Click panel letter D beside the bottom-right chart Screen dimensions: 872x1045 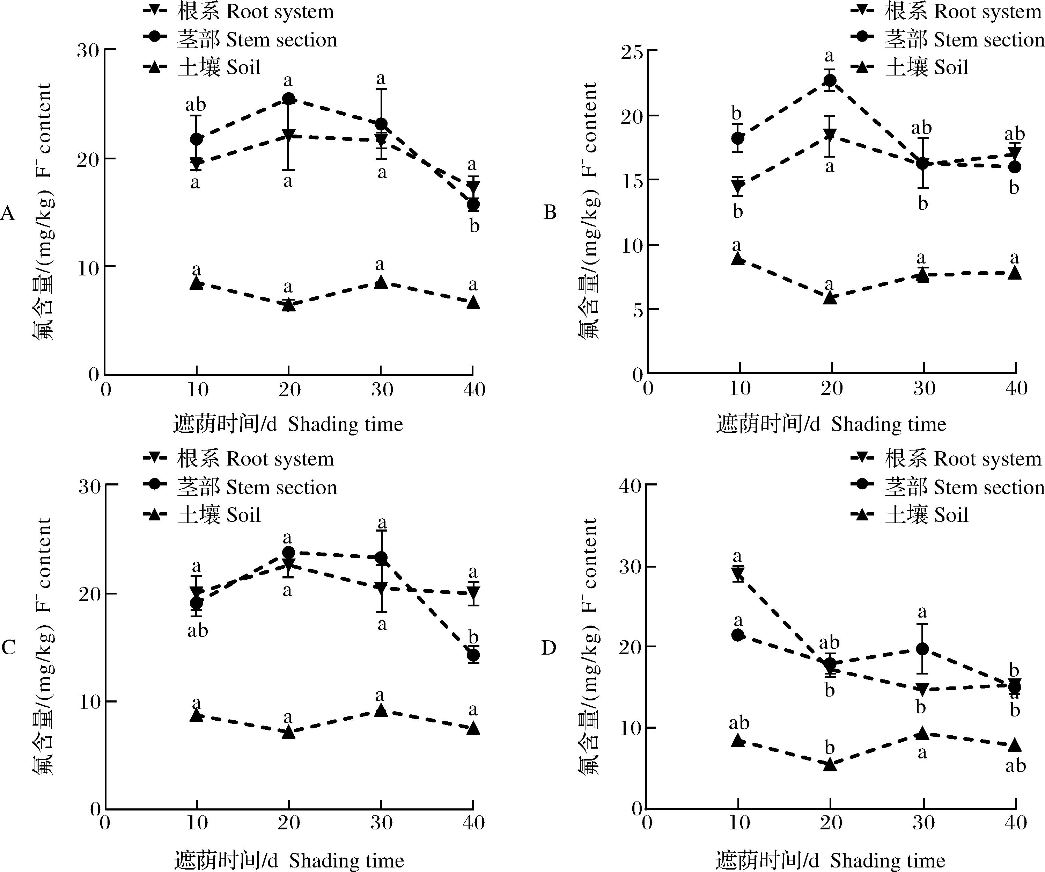coord(549,648)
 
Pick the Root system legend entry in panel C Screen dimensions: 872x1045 coord(239,458)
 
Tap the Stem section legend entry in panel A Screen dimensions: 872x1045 coord(240,39)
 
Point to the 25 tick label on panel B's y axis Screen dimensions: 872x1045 coord(632,51)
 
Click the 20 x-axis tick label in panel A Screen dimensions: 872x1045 coord(289,389)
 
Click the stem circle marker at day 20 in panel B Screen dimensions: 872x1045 coord(830,80)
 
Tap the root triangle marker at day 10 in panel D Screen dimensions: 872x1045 coord(738,574)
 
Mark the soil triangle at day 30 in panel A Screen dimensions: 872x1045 coord(381,281)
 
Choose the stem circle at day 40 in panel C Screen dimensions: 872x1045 coord(473,655)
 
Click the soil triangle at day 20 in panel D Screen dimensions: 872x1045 coord(830,764)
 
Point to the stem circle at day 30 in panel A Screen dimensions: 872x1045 coord(381,123)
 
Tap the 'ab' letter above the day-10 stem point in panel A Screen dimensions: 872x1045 coord(195,105)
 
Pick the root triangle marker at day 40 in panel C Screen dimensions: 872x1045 coord(473,593)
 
